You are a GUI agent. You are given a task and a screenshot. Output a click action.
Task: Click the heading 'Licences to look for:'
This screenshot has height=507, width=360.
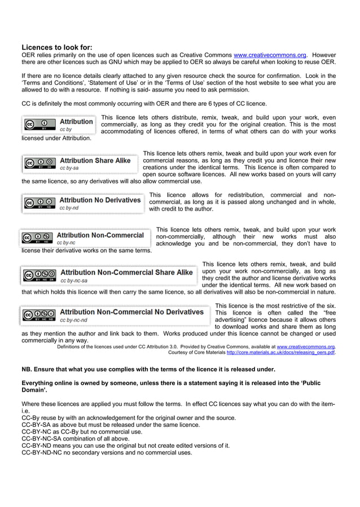pyautogui.click(x=56, y=47)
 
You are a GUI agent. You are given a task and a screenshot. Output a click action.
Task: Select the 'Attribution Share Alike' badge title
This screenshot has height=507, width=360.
pyautogui.click(x=95, y=160)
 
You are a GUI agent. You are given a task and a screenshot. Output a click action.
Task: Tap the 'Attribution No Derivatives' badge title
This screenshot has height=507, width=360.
pyautogui.click(x=100, y=200)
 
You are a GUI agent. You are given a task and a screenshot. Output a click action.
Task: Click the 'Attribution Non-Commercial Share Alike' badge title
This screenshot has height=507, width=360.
pyautogui.click(x=126, y=272)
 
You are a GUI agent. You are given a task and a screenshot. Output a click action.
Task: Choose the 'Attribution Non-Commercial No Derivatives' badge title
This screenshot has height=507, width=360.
pyautogui.click(x=131, y=312)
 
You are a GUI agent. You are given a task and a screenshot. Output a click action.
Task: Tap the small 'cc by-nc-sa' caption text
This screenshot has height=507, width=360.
pyautogui.click(x=73, y=280)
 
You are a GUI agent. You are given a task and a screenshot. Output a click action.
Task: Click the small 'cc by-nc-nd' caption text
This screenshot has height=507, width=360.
pyautogui.click(x=73, y=320)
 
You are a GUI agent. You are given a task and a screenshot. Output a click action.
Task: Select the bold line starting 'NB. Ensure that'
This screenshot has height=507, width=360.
pyautogui.click(x=148, y=369)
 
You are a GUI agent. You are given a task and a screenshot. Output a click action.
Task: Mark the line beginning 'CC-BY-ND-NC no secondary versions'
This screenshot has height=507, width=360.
pyautogui.click(x=107, y=452)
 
